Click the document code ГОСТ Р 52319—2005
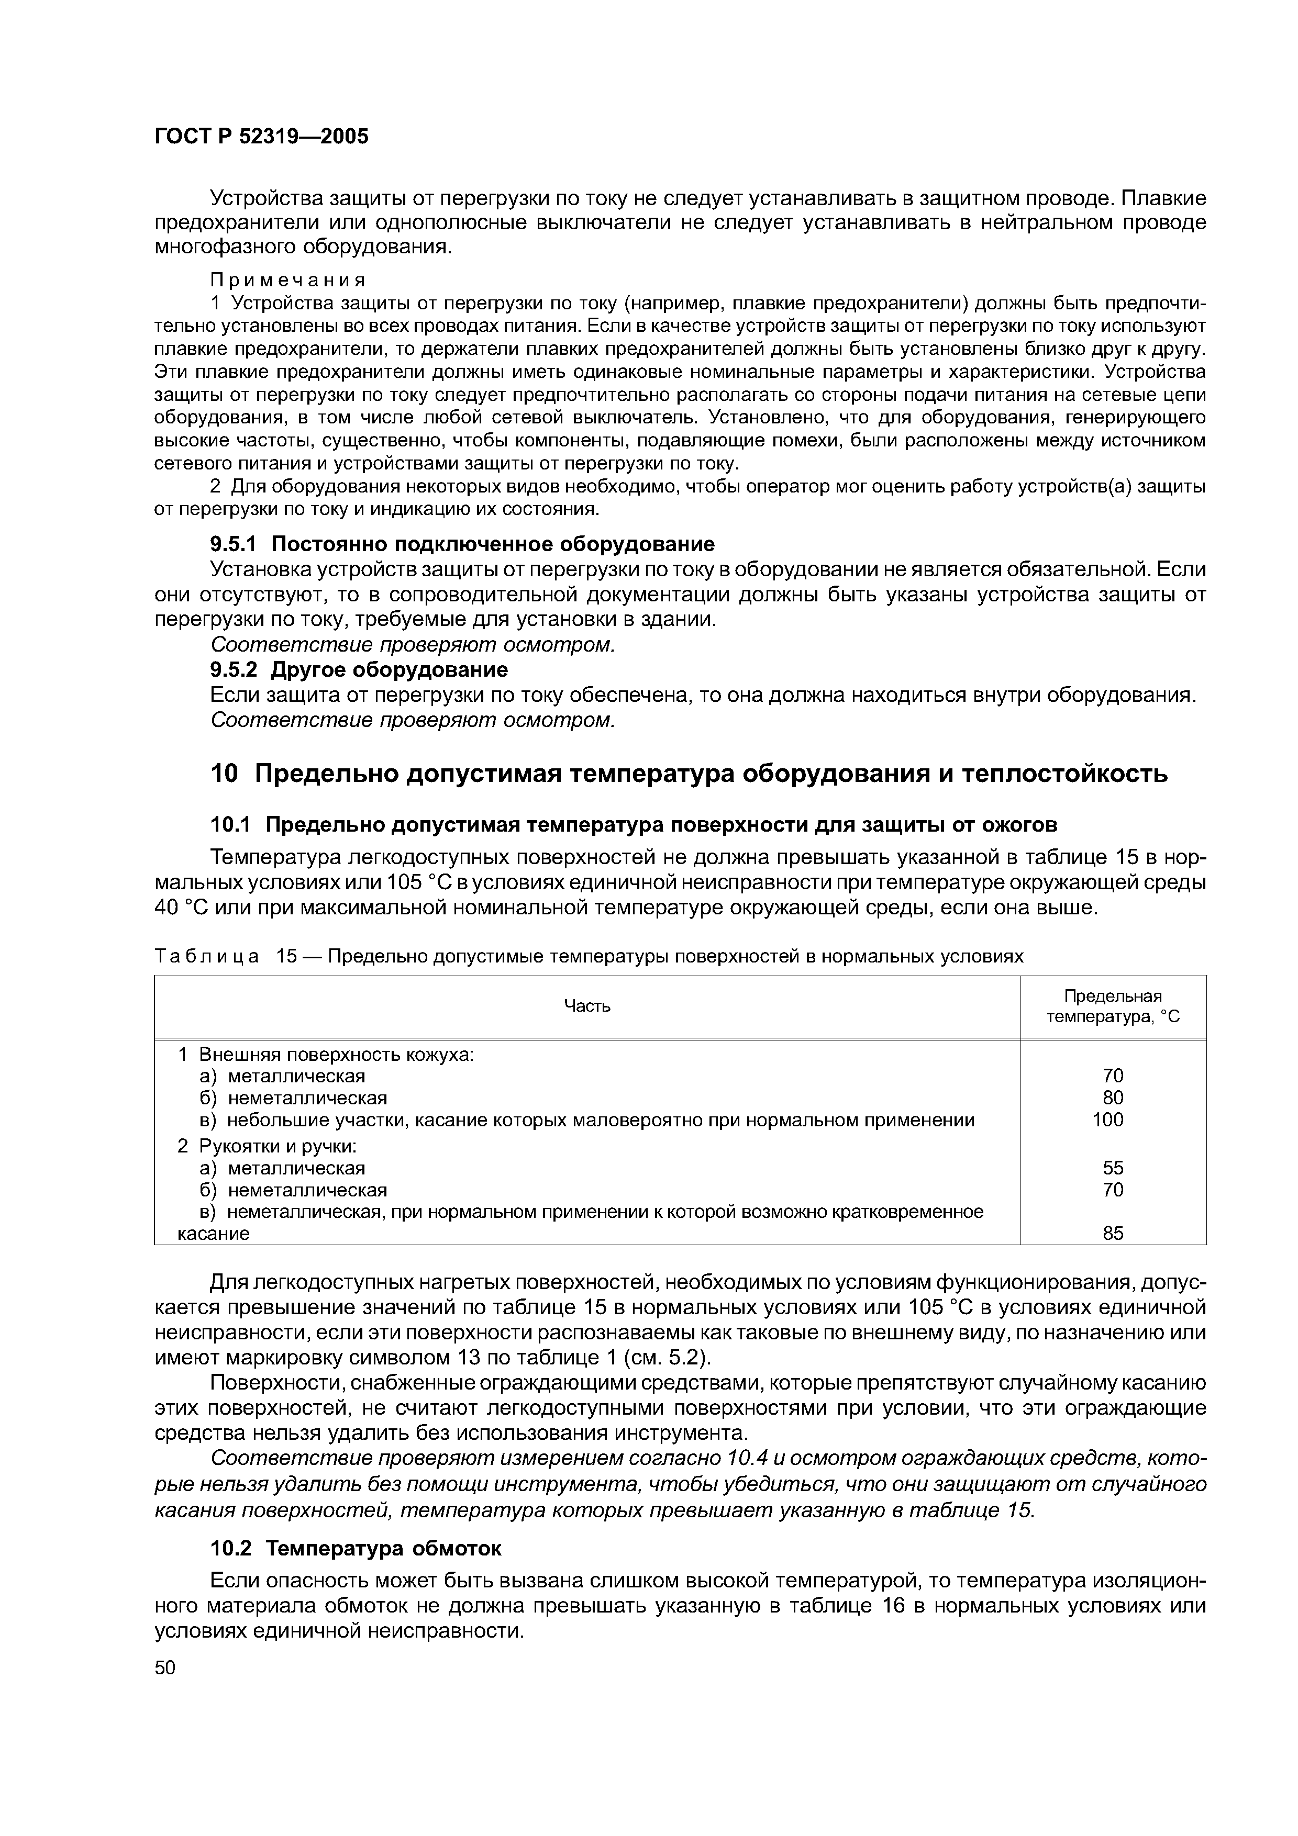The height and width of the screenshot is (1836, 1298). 261,137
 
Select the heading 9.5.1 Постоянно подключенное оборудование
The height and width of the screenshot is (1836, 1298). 462,544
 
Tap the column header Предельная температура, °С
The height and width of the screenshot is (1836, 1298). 1113,1006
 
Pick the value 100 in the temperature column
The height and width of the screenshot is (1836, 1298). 1107,1121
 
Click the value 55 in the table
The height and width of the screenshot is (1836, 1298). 1113,1168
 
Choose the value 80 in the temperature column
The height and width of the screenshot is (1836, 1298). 1113,1098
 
